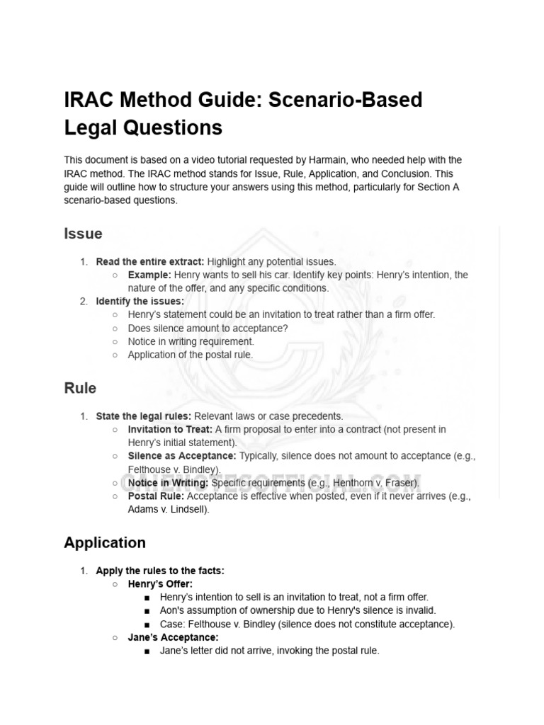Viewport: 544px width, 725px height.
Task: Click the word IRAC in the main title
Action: click(89, 100)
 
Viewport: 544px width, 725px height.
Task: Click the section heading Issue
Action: click(83, 234)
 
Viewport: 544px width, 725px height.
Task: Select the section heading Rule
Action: click(80, 388)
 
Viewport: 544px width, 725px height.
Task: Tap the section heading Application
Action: click(105, 542)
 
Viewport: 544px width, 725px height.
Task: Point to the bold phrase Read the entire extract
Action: click(150, 261)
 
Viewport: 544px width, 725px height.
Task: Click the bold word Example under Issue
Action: click(149, 275)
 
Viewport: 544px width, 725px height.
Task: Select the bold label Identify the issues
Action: click(140, 302)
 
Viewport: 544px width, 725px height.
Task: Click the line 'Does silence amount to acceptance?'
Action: click(208, 329)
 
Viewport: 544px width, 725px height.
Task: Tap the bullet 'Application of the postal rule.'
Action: click(190, 355)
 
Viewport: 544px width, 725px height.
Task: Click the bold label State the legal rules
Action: click(144, 416)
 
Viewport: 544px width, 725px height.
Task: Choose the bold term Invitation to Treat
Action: click(170, 429)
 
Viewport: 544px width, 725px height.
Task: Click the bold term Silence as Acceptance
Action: click(182, 456)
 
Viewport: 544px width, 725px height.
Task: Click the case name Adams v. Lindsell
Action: click(168, 510)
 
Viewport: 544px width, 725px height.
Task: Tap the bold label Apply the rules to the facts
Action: click(160, 570)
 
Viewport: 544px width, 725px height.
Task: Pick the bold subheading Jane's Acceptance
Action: click(173, 637)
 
